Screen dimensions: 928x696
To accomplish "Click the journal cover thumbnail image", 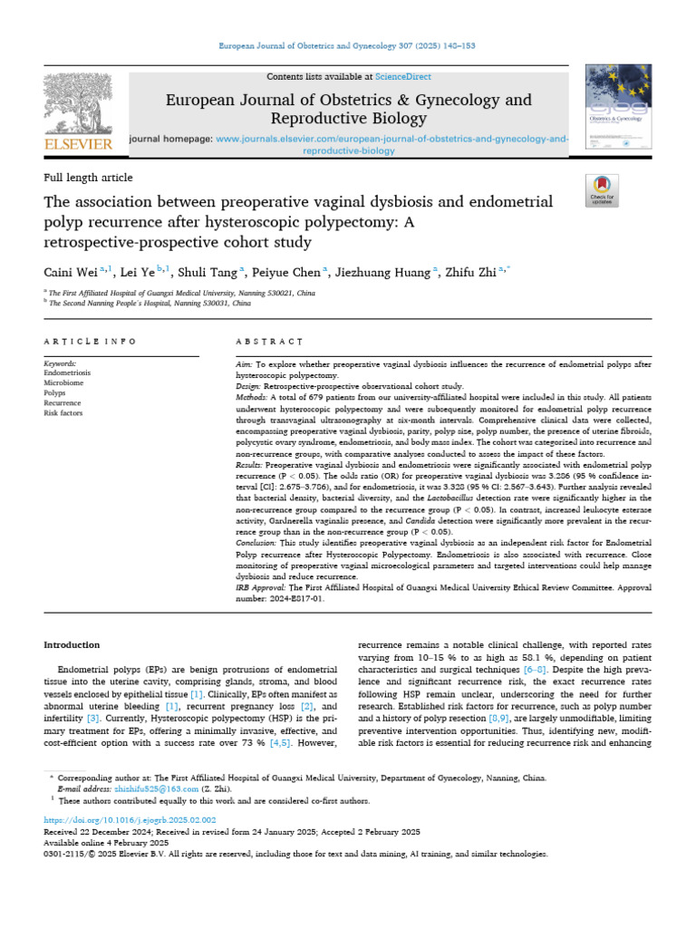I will pyautogui.click(x=618, y=109).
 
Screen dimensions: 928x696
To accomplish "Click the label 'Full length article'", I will pyautogui.click(x=88, y=178).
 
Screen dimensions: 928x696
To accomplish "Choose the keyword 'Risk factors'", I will pyautogui.click(x=63, y=412).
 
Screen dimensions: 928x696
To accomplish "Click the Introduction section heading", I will pyautogui.click(x=72, y=644).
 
